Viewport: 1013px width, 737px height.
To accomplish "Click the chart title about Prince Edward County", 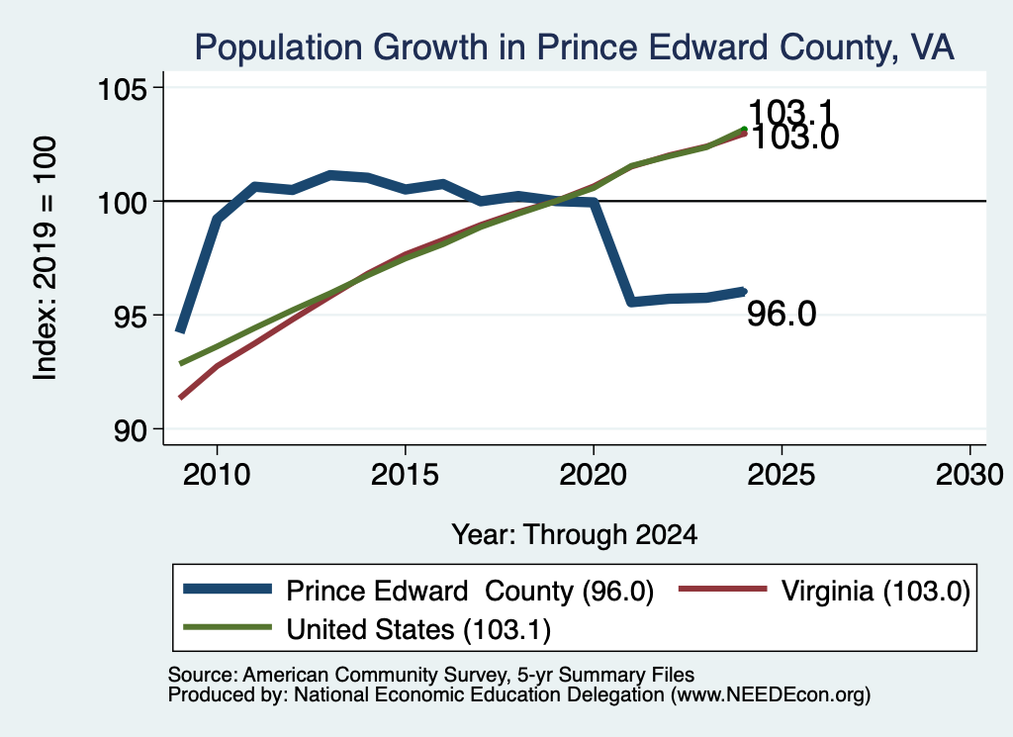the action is pos(575,47).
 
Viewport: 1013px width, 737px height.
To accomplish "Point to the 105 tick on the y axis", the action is pos(122,88).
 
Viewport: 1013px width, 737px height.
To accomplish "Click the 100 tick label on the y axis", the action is pos(122,202).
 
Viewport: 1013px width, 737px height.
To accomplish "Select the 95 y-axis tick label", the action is pos(131,316).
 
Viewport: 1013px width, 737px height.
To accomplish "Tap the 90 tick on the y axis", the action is pos(131,430).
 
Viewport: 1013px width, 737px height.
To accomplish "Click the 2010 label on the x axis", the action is pos(217,475).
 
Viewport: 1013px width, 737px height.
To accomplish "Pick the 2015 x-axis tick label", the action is pos(405,475).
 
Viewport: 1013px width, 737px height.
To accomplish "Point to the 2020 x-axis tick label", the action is pos(594,475).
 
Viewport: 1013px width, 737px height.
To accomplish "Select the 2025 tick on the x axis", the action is pos(782,475).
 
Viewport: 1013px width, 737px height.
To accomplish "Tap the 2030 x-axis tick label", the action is pos(969,475).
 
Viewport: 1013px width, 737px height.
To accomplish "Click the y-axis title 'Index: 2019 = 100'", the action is pos(46,258).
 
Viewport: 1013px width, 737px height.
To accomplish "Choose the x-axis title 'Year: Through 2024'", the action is pos(575,535).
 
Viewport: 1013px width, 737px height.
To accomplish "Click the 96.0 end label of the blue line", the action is pos(782,314).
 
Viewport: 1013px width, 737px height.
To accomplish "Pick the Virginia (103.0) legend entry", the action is pos(824,591).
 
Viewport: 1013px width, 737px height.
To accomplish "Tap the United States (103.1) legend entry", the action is pos(367,629).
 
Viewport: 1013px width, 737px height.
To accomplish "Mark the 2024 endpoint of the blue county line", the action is pos(744,292).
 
